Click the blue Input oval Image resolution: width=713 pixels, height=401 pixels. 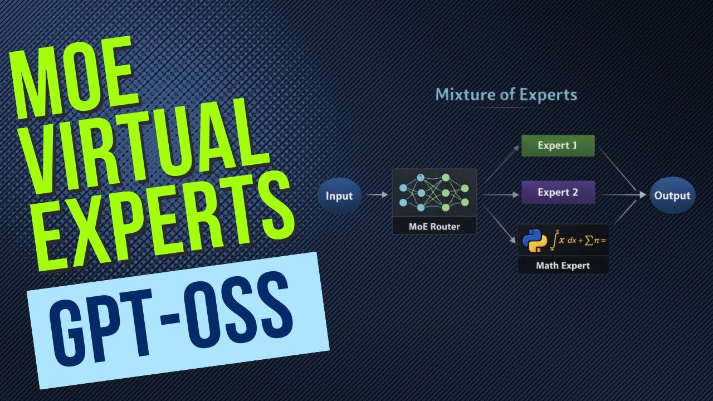(x=339, y=195)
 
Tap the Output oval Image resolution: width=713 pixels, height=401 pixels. (x=672, y=195)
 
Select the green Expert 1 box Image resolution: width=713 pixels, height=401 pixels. (x=558, y=146)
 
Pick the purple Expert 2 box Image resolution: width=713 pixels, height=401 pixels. (x=558, y=193)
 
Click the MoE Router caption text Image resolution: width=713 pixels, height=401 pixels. (x=434, y=227)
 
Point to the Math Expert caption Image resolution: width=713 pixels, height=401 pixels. (x=563, y=266)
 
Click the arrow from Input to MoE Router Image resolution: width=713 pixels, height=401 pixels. (x=377, y=195)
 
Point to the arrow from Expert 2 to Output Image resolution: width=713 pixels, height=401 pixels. (x=623, y=195)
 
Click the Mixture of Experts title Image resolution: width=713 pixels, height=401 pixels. (x=506, y=94)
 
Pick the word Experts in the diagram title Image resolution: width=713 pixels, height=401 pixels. (x=548, y=94)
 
